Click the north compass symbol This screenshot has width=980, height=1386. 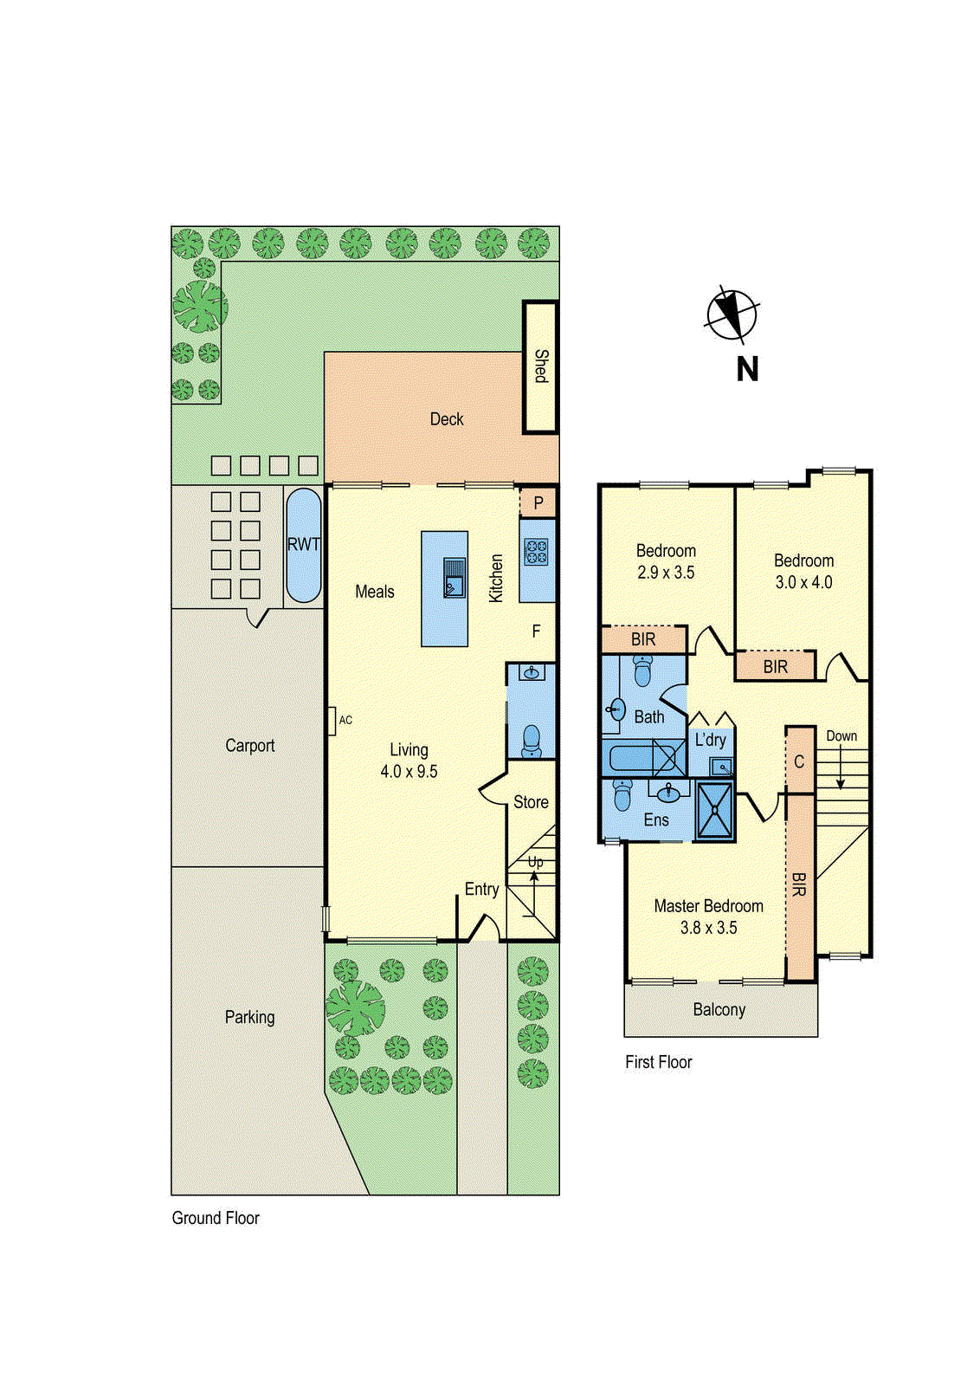click(732, 314)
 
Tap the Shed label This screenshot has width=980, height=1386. click(541, 366)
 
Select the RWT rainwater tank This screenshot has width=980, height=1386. click(303, 545)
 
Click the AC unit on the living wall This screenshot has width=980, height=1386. click(332, 721)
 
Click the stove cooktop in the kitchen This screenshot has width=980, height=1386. click(536, 552)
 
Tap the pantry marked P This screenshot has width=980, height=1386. click(538, 503)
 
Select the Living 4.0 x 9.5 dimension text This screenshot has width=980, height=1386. click(409, 771)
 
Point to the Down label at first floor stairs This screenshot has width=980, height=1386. click(841, 736)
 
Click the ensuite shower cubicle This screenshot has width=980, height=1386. click(715, 811)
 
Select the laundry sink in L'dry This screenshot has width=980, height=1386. click(720, 767)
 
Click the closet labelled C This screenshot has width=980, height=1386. click(799, 761)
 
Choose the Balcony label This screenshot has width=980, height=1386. click(719, 1010)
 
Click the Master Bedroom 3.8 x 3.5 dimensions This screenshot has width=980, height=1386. click(708, 928)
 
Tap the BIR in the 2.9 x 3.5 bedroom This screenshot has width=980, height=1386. click(643, 639)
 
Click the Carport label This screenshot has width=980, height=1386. click(249, 746)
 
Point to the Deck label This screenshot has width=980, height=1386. click(447, 419)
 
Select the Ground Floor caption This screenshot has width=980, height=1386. click(216, 1218)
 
